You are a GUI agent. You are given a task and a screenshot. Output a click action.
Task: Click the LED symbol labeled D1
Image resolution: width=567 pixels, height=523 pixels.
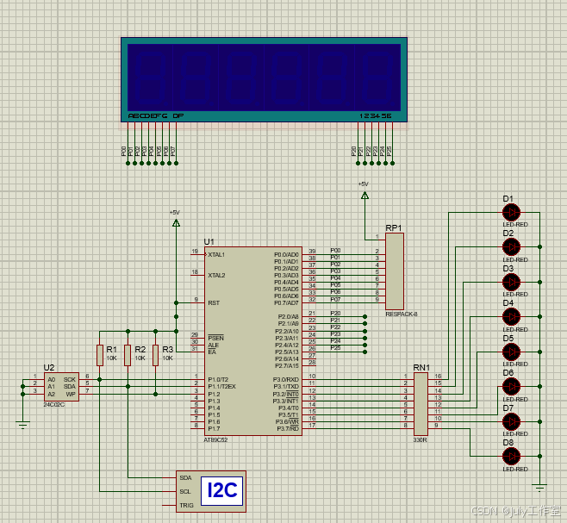click(512, 211)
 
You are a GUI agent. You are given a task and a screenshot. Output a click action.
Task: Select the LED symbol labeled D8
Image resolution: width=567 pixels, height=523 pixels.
click(512, 456)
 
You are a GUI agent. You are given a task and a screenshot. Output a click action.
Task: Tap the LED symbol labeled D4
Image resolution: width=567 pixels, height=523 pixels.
click(512, 316)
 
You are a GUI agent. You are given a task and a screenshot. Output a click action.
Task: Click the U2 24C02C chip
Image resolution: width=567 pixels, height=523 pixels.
click(61, 386)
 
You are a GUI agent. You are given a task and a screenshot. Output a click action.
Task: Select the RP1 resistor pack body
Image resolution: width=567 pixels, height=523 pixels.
click(394, 271)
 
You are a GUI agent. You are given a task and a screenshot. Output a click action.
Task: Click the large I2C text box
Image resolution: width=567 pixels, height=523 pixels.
click(221, 491)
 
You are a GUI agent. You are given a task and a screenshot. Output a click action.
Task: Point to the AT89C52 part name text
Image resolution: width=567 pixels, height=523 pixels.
click(216, 439)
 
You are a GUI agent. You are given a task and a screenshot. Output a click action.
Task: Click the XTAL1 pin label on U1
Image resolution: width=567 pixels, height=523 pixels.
click(216, 255)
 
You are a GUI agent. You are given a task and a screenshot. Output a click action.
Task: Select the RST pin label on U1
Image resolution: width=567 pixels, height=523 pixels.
click(213, 302)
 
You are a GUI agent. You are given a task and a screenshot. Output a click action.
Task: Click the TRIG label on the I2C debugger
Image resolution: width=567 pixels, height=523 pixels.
click(186, 505)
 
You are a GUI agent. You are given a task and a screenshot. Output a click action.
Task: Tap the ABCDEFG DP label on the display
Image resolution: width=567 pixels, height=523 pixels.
click(155, 115)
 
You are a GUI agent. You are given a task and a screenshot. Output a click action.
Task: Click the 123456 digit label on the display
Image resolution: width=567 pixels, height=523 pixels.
click(375, 115)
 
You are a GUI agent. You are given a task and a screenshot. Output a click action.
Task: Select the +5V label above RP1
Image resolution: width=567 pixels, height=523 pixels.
click(363, 184)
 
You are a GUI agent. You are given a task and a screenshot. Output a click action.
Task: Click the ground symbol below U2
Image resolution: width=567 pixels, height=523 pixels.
click(22, 422)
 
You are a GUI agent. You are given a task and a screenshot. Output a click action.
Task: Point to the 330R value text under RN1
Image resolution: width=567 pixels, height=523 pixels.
click(421, 439)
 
